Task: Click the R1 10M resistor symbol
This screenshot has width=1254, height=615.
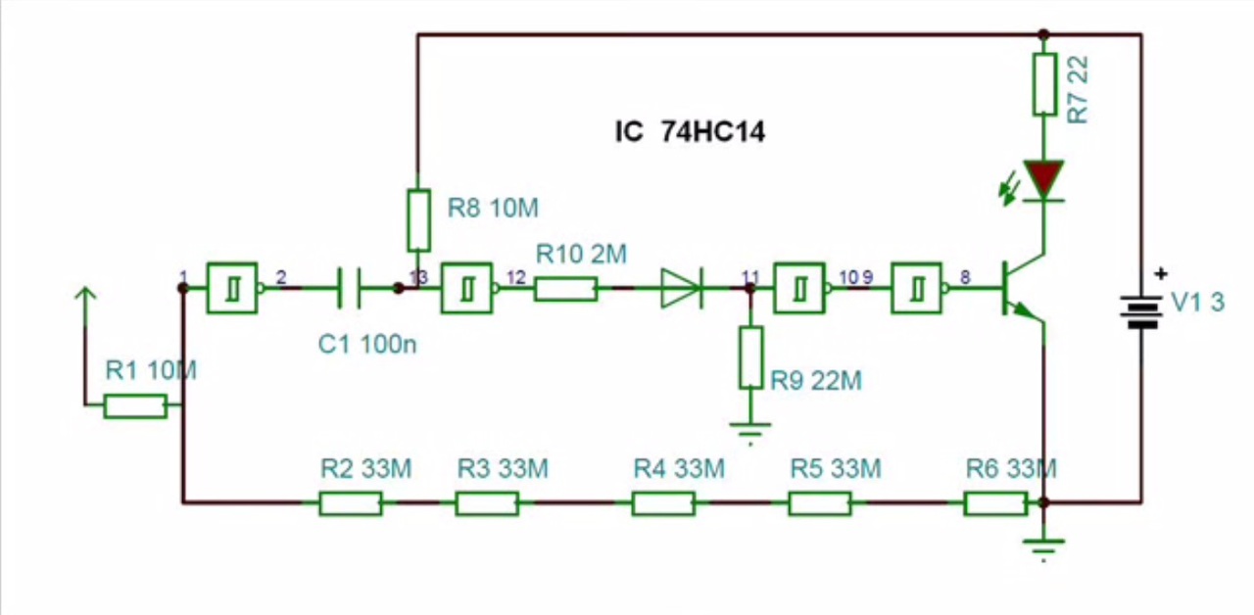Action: coord(135,405)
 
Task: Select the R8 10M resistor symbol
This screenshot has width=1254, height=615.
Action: coord(418,219)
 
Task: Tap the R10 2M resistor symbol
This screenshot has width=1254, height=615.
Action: coord(565,288)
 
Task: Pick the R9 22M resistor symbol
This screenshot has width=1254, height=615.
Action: coord(750,356)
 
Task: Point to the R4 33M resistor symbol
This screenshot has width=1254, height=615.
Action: coord(663,503)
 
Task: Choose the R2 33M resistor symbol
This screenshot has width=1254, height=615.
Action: coord(350,503)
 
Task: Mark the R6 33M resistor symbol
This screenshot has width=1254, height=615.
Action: coord(995,503)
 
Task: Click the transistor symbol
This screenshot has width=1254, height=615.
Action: coord(1019,288)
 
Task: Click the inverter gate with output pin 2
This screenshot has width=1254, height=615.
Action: coord(233,288)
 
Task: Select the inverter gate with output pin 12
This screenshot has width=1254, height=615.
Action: coord(467,288)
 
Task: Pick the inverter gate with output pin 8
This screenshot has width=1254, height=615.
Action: coord(918,288)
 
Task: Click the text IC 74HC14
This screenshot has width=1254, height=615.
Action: coord(690,132)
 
